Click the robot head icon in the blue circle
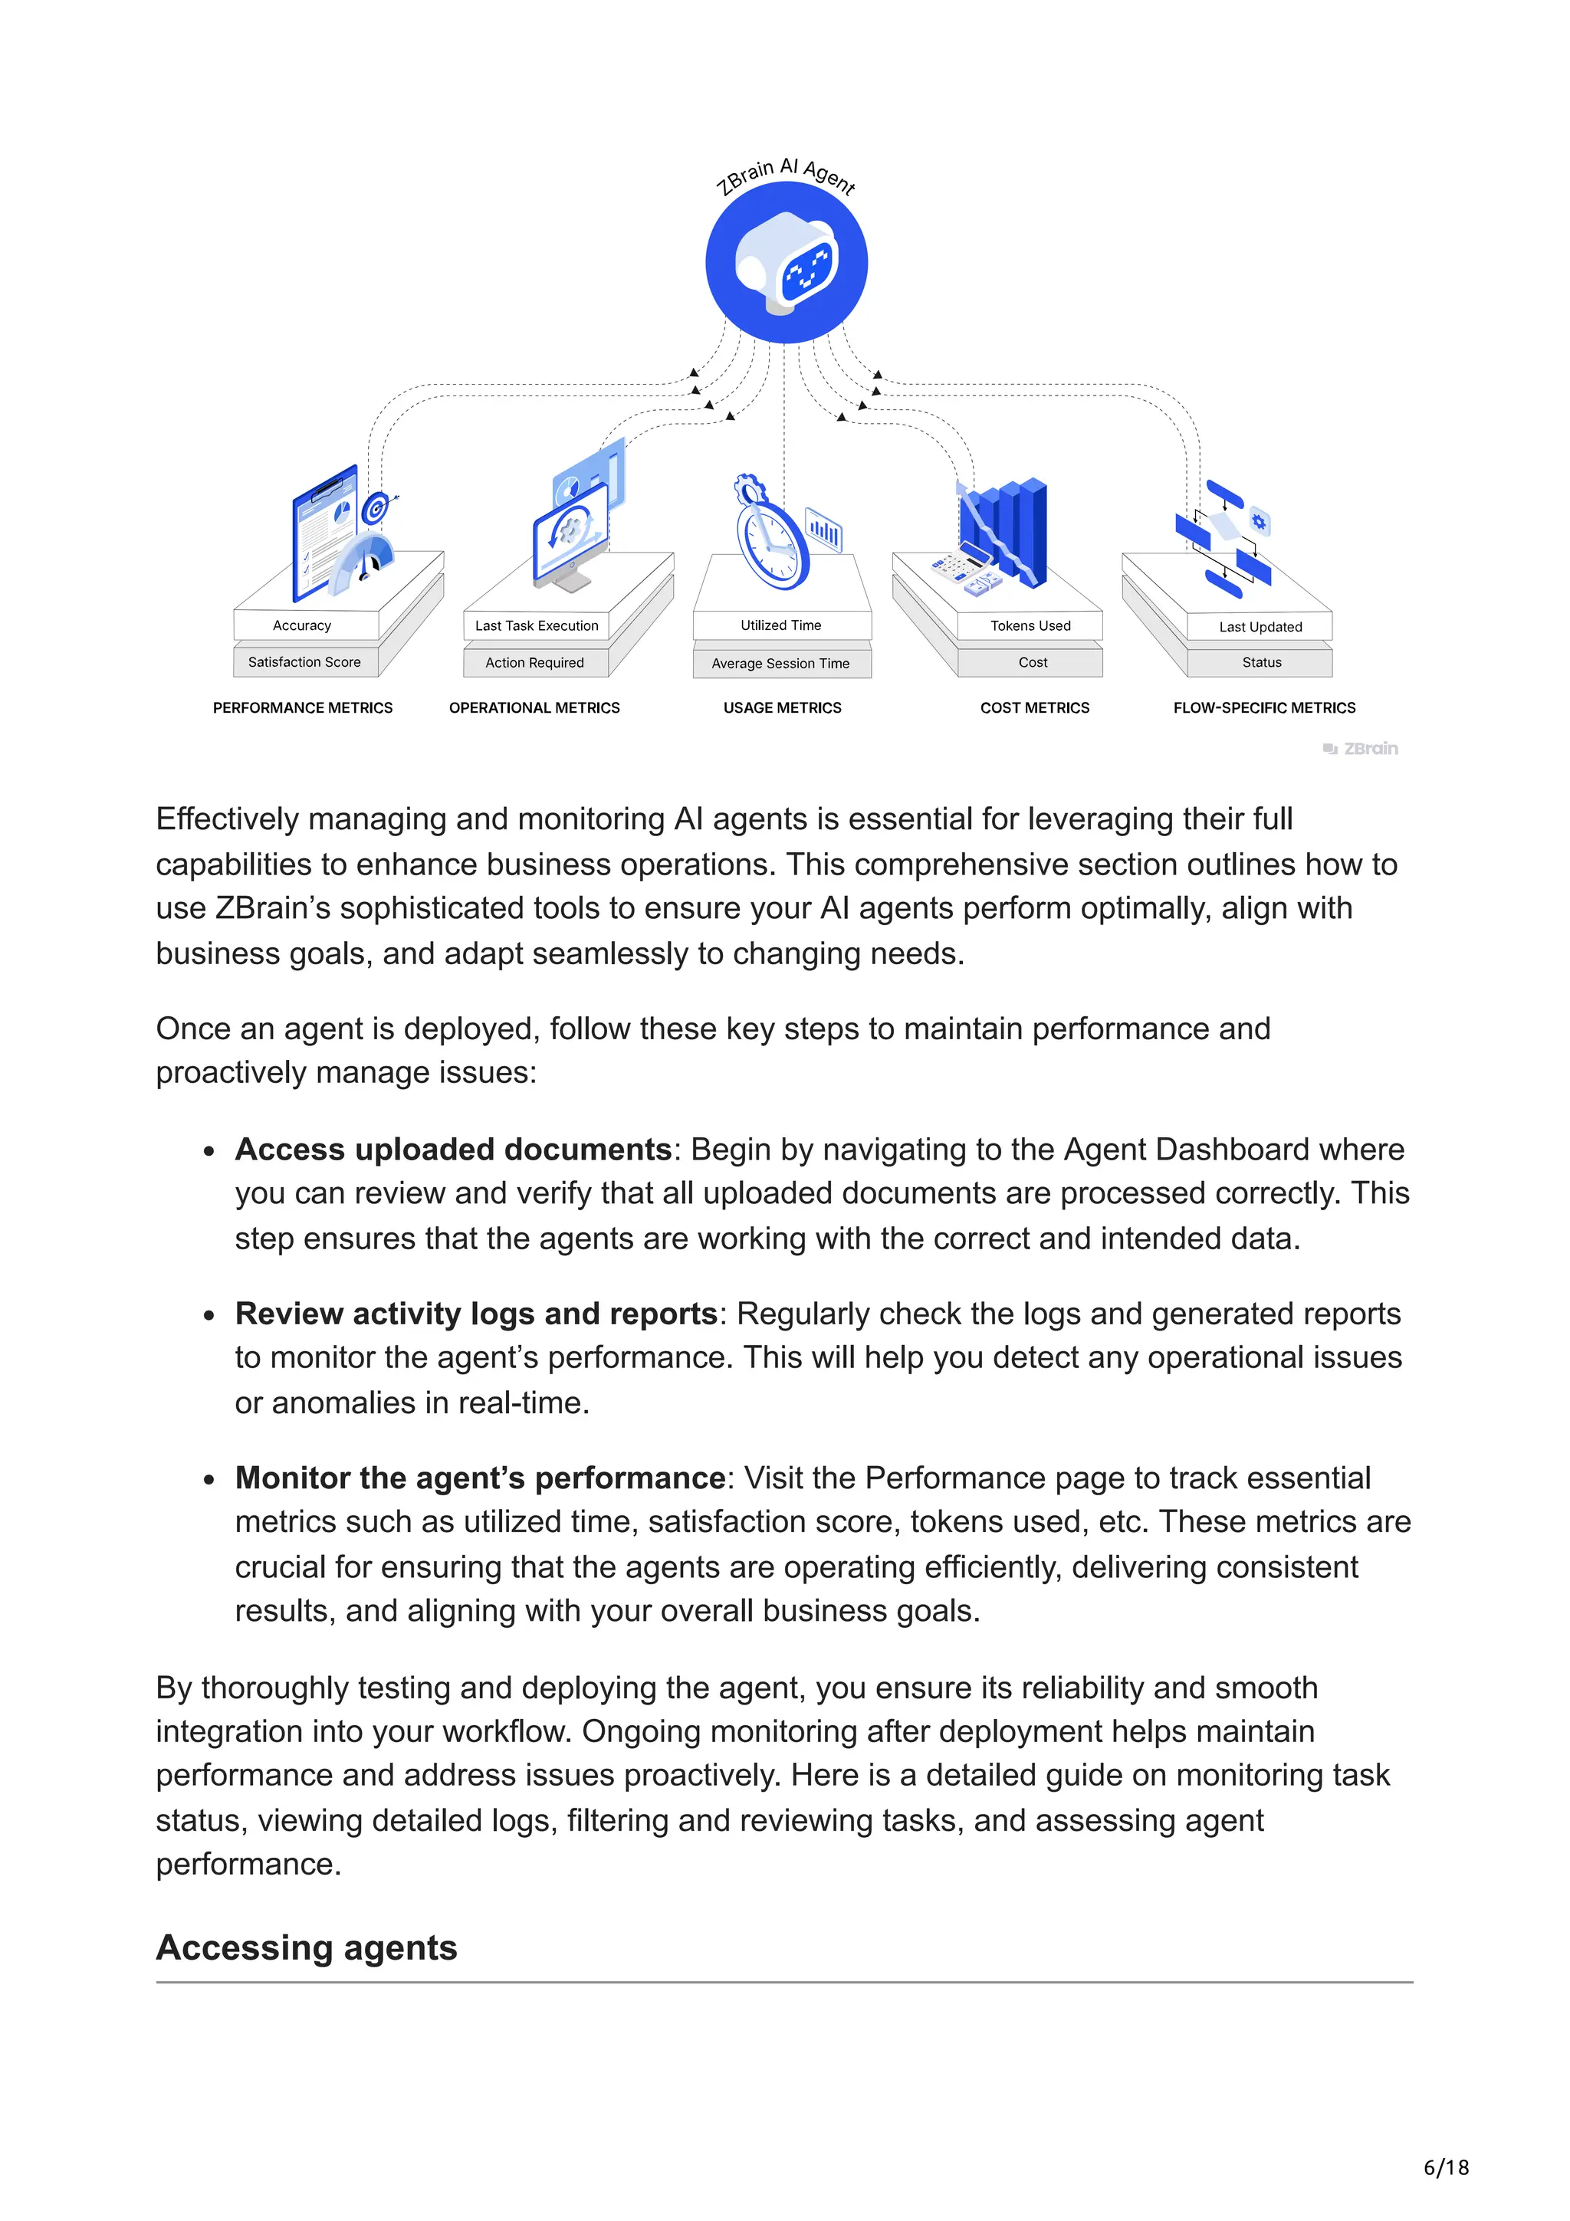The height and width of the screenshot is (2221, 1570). pos(786,264)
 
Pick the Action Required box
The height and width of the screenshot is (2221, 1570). pos(535,663)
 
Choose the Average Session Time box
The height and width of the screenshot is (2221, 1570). pos(780,664)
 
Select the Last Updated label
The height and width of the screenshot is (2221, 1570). pos(1260,627)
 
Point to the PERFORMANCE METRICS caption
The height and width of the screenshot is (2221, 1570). pos(303,708)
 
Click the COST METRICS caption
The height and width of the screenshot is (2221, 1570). pos(1034,708)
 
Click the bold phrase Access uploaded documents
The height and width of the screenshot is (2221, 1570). pos(454,1149)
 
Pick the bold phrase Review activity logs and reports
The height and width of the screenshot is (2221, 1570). pos(476,1314)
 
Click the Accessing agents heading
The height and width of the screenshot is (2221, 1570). pos(307,1947)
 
